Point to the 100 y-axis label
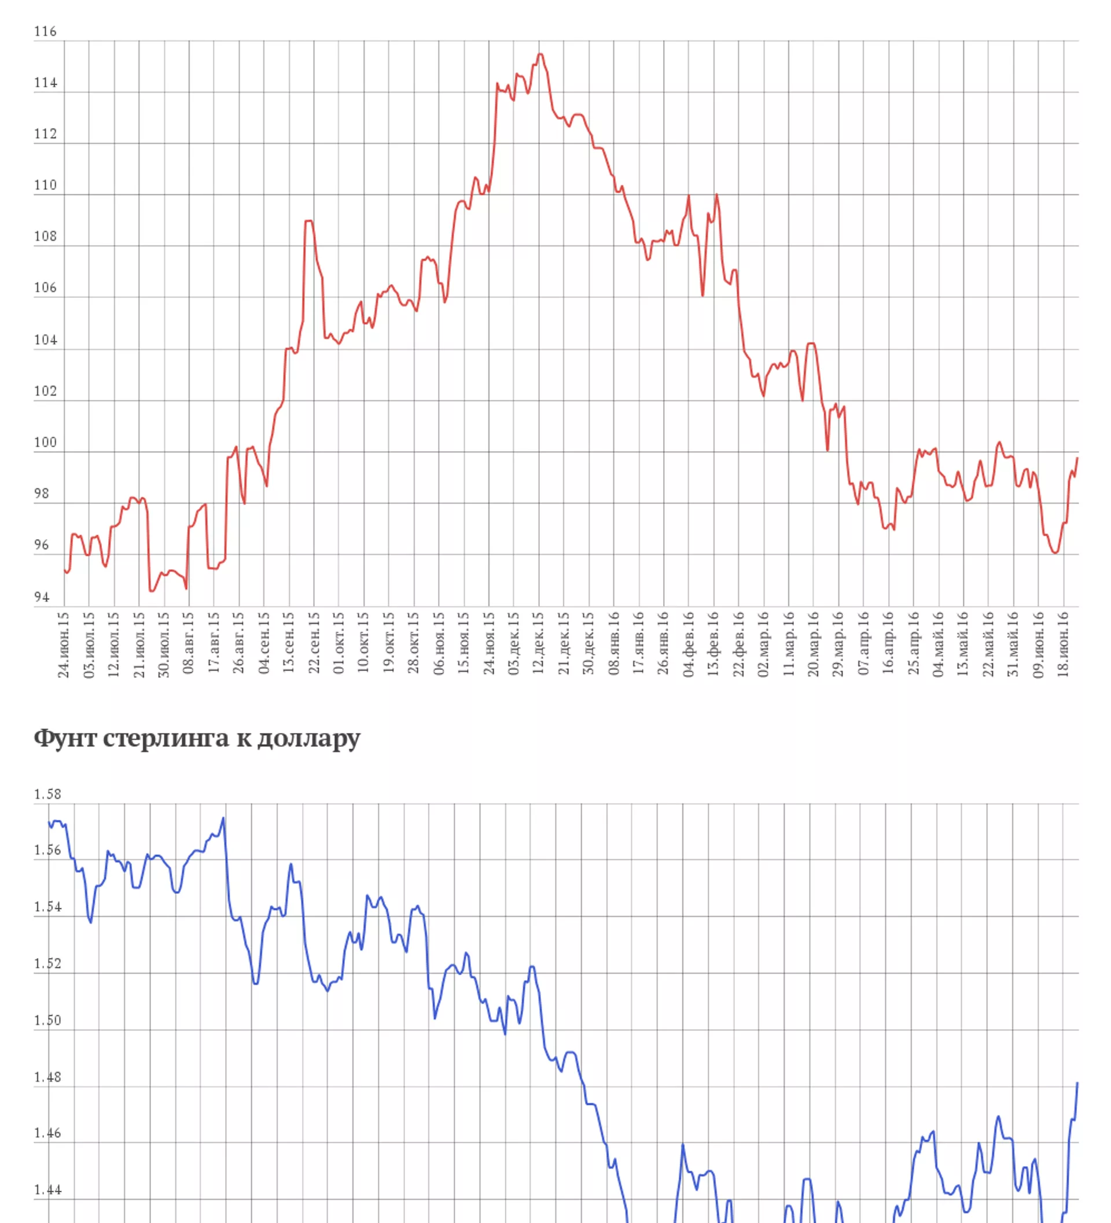pos(45,442)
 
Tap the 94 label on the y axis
pos(41,597)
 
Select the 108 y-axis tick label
pos(45,237)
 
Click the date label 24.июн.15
pos(64,644)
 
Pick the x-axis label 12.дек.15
pos(538,644)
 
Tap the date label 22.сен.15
pos(314,644)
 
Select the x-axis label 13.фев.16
pos(713,644)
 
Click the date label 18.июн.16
pos(1063,644)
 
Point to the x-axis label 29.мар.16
pos(838,644)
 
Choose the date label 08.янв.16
pos(613,644)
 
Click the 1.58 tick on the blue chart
pos(47,794)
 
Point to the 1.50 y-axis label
pos(47,1021)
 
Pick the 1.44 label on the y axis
pos(47,1189)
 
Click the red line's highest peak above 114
pos(540,54)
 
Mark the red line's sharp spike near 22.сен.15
pos(309,221)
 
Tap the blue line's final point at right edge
pos(1077,1083)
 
